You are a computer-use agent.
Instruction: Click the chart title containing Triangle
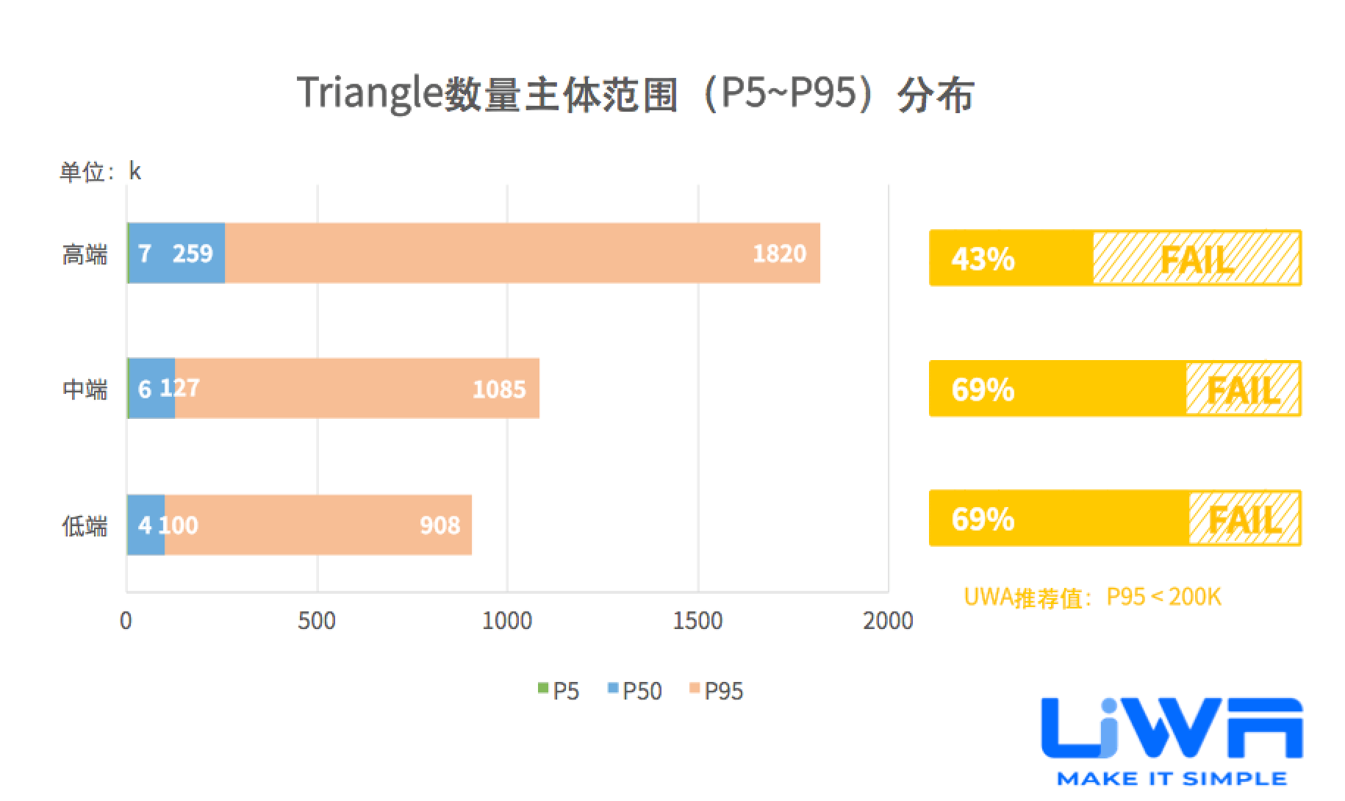[636, 95]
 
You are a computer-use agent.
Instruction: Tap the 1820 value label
[779, 254]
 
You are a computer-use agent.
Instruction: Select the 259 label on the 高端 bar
[193, 254]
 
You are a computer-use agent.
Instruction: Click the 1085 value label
[499, 389]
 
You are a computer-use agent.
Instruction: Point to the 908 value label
[440, 525]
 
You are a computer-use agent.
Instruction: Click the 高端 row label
[85, 255]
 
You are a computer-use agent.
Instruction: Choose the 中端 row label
[85, 389]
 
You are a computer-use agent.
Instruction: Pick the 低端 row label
[85, 526]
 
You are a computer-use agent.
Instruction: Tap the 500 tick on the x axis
[317, 621]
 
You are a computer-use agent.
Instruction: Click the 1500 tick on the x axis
[697, 621]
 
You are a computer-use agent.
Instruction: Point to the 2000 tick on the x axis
[888, 621]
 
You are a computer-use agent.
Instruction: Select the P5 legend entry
[559, 692]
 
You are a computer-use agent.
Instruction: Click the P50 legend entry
[635, 692]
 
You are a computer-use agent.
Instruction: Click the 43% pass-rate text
[983, 259]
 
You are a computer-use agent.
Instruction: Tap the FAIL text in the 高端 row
[1197, 259]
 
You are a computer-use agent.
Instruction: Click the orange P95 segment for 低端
[316, 525]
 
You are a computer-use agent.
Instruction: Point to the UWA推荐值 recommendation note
[1092, 597]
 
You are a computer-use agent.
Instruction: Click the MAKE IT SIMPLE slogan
[1172, 779]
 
